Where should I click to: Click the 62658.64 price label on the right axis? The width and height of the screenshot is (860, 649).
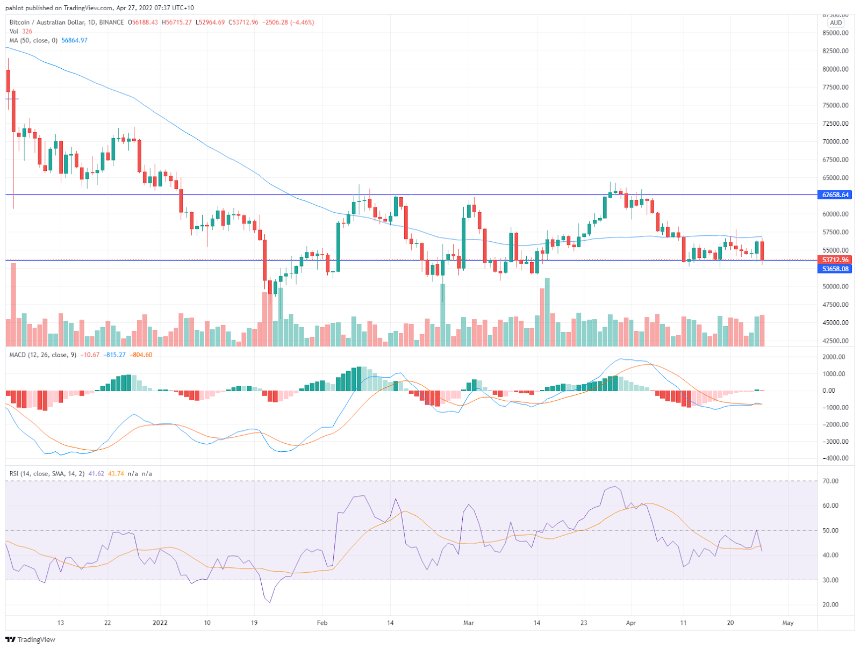pyautogui.click(x=835, y=195)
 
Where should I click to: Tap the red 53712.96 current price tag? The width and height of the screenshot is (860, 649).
pyautogui.click(x=835, y=260)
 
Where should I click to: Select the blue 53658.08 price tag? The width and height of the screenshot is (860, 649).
pyautogui.click(x=835, y=269)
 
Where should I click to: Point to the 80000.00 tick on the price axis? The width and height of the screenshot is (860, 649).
pyautogui.click(x=835, y=69)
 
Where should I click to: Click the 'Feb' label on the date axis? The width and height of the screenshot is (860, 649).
pyautogui.click(x=322, y=623)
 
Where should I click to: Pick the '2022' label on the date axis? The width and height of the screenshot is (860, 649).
pyautogui.click(x=160, y=623)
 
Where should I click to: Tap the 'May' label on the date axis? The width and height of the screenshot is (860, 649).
pyautogui.click(x=787, y=623)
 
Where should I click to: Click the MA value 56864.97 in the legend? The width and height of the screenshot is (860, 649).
pyautogui.click(x=74, y=41)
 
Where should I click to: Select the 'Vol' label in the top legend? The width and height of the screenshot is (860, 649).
pyautogui.click(x=13, y=32)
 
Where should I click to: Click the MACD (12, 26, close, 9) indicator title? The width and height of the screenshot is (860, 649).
pyautogui.click(x=43, y=355)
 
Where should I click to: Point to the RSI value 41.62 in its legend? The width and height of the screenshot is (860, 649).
pyautogui.click(x=96, y=474)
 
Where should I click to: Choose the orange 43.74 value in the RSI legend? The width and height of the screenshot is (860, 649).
pyautogui.click(x=116, y=474)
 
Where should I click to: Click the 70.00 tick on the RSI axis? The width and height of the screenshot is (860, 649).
pyautogui.click(x=830, y=481)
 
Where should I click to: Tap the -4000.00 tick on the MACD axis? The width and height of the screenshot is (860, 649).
pyautogui.click(x=835, y=459)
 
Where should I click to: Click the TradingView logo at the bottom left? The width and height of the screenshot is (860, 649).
pyautogui.click(x=30, y=640)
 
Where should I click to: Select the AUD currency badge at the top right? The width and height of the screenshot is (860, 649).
pyautogui.click(x=836, y=23)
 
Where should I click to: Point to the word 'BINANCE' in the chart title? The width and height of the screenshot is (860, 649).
pyautogui.click(x=111, y=23)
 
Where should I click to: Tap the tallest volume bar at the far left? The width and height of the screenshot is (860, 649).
pyautogui.click(x=13, y=304)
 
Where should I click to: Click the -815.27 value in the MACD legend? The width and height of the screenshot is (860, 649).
pyautogui.click(x=115, y=355)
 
